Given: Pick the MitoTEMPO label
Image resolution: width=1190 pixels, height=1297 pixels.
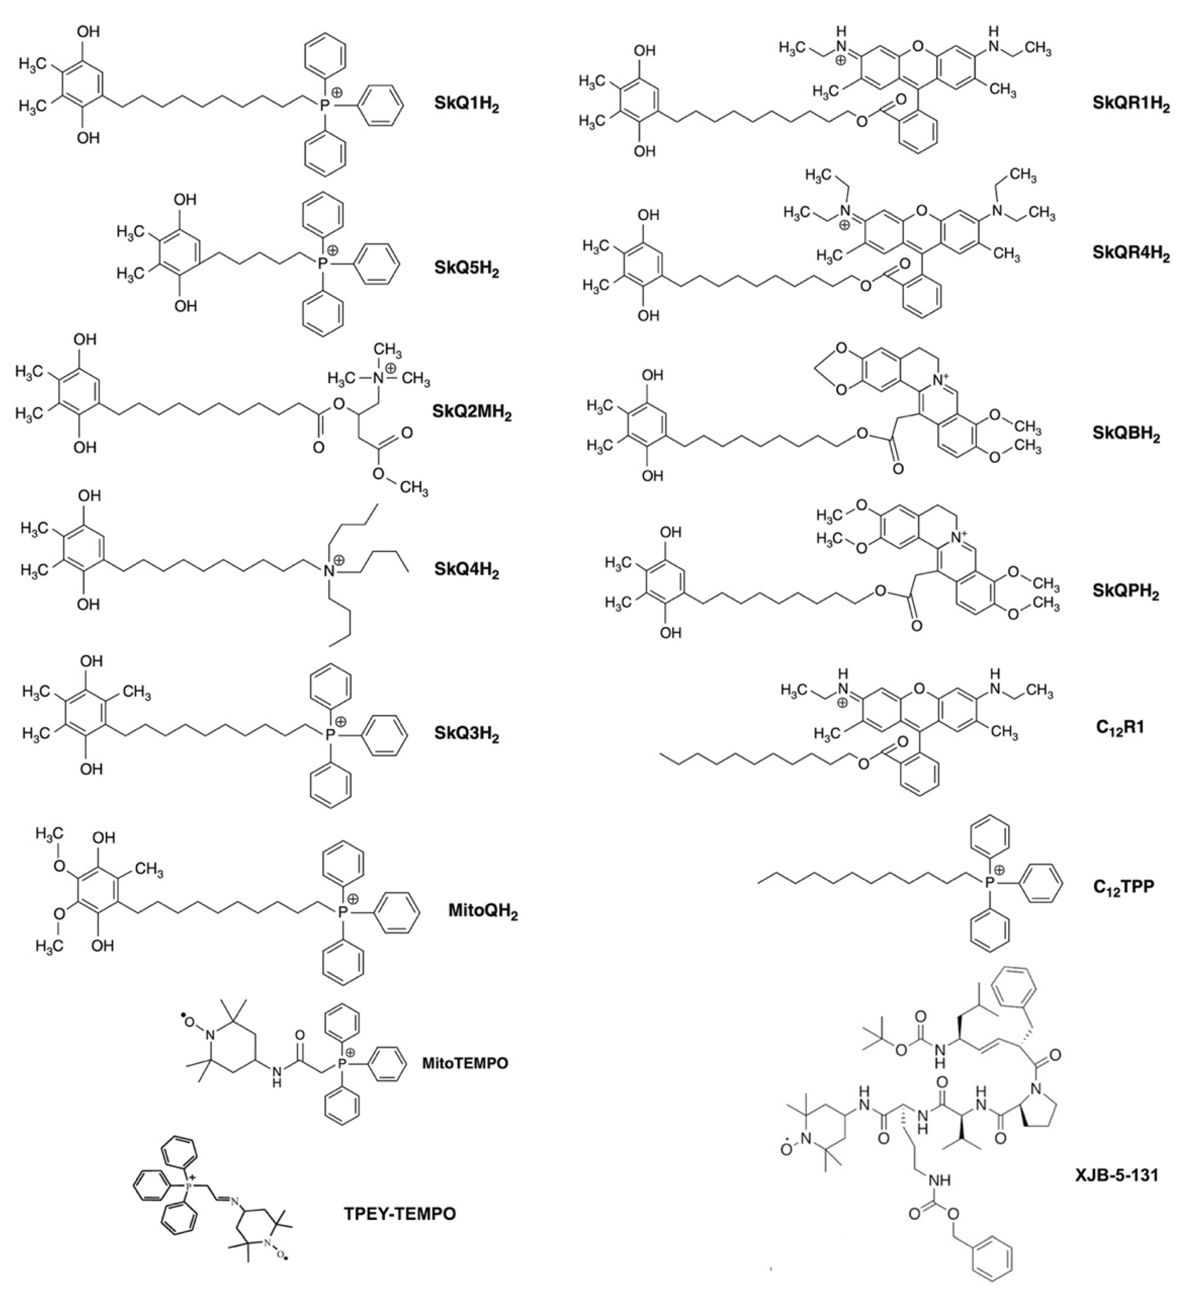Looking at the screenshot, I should coord(465,1062).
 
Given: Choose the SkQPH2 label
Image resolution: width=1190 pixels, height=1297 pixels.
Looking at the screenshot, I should coord(1125,591).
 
